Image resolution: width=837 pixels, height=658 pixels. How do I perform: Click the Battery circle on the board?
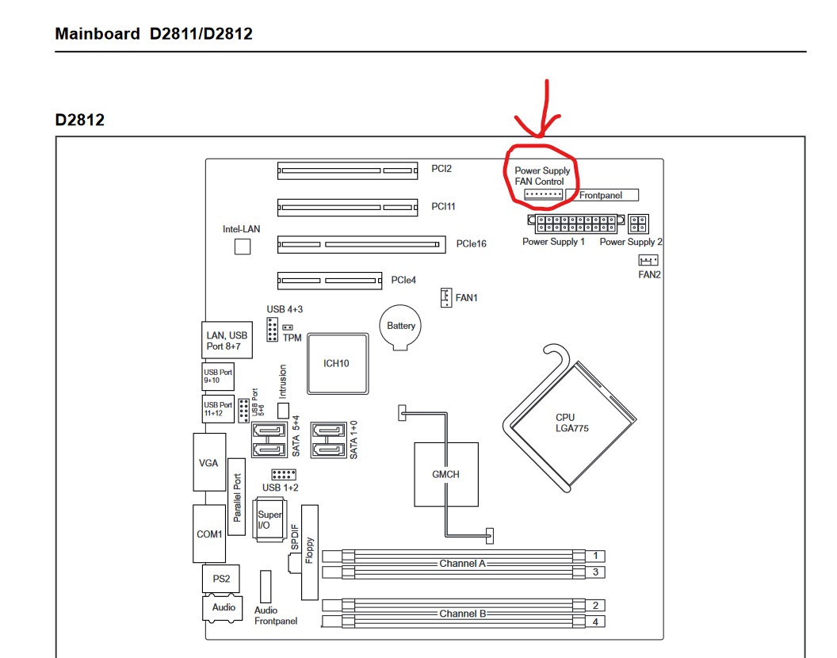(401, 326)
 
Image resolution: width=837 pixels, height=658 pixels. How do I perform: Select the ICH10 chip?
(336, 363)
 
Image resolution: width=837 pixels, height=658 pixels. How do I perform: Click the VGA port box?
(208, 462)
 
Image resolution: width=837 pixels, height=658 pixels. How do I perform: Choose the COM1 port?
(209, 534)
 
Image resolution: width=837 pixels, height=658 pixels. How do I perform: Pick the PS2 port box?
(216, 578)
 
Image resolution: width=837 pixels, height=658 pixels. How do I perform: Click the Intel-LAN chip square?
(243, 247)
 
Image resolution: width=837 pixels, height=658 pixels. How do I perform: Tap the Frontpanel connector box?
(606, 195)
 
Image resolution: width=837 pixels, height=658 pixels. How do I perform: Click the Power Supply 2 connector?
(640, 224)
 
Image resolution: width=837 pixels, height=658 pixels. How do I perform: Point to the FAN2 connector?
(648, 261)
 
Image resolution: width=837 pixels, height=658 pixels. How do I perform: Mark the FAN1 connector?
(446, 297)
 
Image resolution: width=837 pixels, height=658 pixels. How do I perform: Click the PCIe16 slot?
(361, 243)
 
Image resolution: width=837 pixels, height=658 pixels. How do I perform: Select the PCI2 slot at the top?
(347, 169)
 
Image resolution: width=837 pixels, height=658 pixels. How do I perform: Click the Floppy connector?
(309, 552)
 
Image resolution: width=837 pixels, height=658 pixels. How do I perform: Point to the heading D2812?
(80, 120)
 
